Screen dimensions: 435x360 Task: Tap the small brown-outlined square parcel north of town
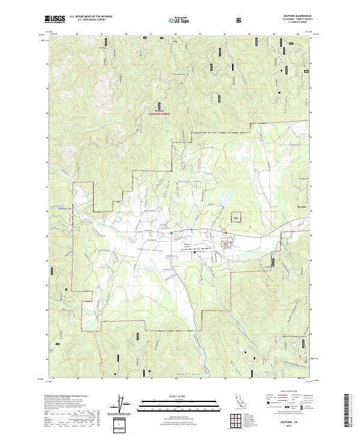[236, 217]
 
